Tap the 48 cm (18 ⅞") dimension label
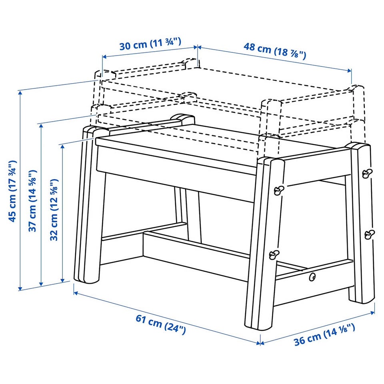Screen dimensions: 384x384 click(x=275, y=50)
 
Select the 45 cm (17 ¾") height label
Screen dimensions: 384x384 click(x=13, y=191)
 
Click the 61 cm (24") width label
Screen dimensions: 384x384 click(x=161, y=324)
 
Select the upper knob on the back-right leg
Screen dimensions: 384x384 click(x=366, y=173)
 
